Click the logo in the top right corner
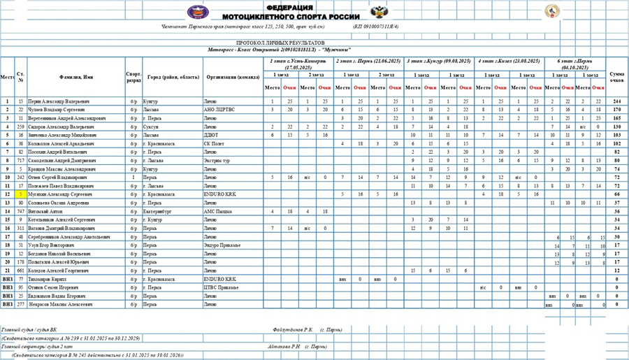pos(552,12)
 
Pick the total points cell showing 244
pos(616,101)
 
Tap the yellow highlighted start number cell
pos(21,194)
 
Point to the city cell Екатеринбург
pos(157,210)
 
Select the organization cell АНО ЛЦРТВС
pos(219,110)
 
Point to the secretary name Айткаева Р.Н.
pos(284,346)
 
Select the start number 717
pos(21,160)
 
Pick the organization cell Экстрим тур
pos(217,160)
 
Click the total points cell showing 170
pos(616,110)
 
